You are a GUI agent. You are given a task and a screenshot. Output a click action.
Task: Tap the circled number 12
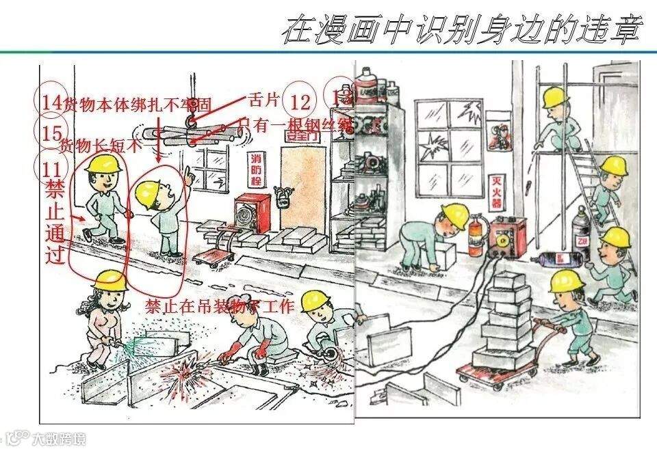(300, 102)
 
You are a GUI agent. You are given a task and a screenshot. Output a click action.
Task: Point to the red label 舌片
(263, 100)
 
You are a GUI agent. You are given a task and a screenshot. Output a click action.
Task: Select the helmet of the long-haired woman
(109, 279)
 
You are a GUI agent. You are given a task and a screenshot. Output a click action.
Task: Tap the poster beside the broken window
(502, 137)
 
